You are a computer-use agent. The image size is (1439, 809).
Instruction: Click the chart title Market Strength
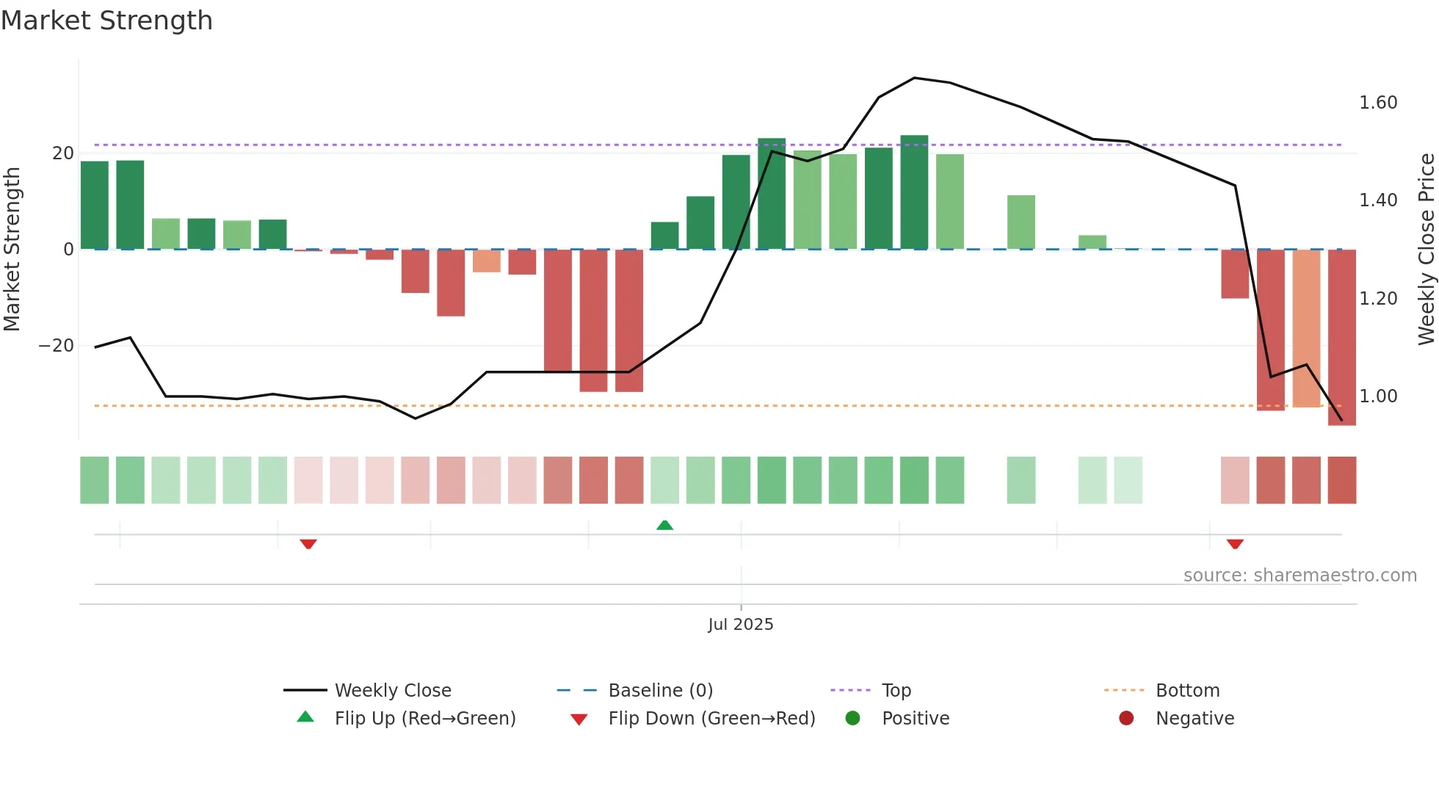point(106,21)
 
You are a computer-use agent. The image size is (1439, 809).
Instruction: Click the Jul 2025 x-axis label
point(740,624)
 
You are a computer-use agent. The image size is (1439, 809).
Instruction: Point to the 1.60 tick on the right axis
point(1377,103)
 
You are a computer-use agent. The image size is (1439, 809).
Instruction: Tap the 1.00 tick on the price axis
point(1377,396)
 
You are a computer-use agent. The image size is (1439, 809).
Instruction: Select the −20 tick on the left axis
point(57,346)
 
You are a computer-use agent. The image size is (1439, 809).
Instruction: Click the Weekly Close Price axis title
point(1426,250)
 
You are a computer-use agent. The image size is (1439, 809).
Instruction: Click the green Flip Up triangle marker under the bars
point(664,525)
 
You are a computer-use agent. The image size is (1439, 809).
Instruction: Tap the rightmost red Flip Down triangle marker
point(1235,544)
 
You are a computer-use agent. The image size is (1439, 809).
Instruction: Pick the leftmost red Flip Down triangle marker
point(308,544)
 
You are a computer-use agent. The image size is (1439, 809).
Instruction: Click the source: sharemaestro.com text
point(1300,576)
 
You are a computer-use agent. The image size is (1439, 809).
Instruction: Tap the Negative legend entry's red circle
point(1126,718)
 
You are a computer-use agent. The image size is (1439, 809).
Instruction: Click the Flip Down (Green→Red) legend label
point(711,719)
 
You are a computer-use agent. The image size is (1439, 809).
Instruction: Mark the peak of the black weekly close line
point(914,78)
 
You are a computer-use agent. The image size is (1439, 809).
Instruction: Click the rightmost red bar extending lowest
point(1341,338)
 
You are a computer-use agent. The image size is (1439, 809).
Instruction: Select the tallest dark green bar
point(914,192)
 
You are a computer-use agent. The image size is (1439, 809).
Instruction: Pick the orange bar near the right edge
point(1306,328)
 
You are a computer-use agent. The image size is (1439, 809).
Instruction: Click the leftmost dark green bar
point(95,205)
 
